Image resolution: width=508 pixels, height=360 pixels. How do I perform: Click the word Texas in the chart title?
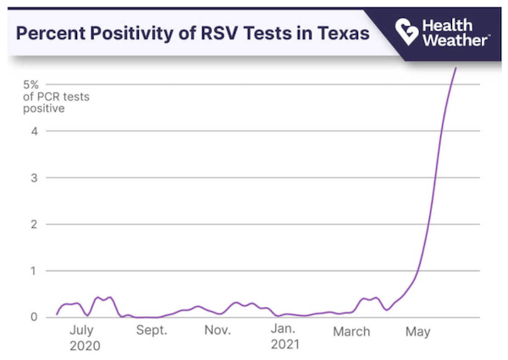pyautogui.click(x=340, y=35)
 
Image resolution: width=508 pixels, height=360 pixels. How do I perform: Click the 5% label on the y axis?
pyautogui.click(x=31, y=85)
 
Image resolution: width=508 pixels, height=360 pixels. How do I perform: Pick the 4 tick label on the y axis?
pyautogui.click(x=35, y=131)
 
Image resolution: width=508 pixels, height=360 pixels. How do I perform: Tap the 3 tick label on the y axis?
pyautogui.click(x=35, y=178)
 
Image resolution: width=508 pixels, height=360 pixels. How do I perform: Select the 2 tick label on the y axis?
pyautogui.click(x=35, y=224)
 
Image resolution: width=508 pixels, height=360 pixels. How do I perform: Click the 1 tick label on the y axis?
pyautogui.click(x=35, y=271)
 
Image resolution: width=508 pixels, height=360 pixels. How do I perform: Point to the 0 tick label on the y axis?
pyautogui.click(x=35, y=317)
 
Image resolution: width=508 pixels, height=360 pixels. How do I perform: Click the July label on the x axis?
pyautogui.click(x=85, y=331)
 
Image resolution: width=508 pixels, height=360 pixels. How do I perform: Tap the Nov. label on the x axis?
pyautogui.click(x=218, y=331)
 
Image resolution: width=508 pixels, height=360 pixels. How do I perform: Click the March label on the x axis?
pyautogui.click(x=351, y=331)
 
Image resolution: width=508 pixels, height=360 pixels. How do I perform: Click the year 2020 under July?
pyautogui.click(x=85, y=346)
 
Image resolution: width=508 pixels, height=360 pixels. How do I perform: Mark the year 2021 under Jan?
pyautogui.click(x=284, y=346)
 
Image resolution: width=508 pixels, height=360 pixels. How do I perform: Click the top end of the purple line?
pyautogui.click(x=456, y=69)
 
